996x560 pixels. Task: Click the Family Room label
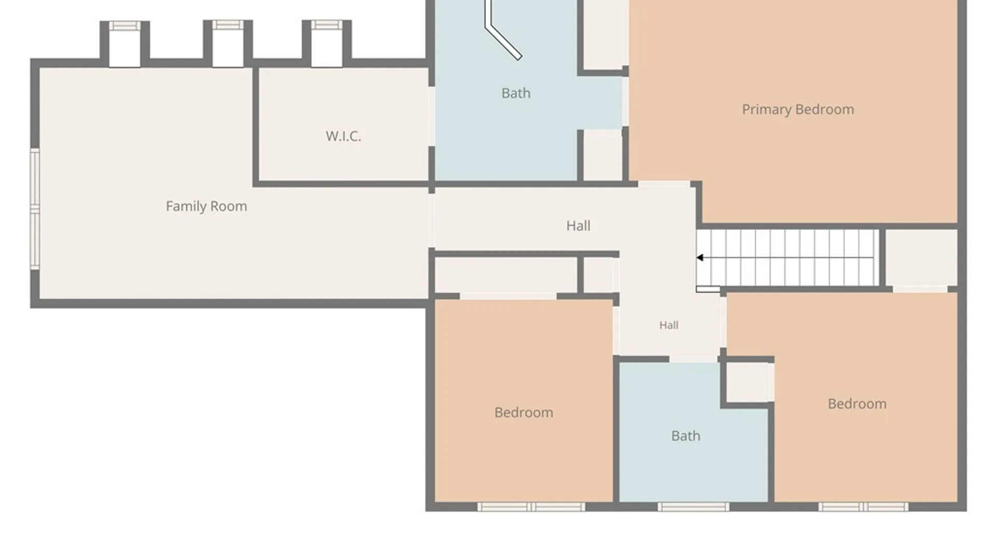click(x=206, y=206)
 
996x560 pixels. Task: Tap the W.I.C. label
click(x=343, y=136)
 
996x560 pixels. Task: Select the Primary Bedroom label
click(x=798, y=109)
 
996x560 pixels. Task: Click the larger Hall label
click(x=578, y=226)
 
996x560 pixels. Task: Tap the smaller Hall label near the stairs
click(x=669, y=325)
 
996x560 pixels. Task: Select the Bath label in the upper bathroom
click(x=516, y=93)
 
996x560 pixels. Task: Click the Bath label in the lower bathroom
click(x=686, y=436)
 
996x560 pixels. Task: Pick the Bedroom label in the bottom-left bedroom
click(x=523, y=413)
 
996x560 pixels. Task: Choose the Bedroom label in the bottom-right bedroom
click(x=857, y=404)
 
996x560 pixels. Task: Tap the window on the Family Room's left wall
click(x=35, y=208)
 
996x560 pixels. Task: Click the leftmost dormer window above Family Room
click(x=125, y=25)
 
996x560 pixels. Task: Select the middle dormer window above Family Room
click(x=228, y=25)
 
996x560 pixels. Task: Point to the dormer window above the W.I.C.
click(x=326, y=25)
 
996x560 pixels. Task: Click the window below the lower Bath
click(x=694, y=507)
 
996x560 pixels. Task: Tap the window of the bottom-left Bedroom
click(x=531, y=507)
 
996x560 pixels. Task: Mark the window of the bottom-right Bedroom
click(x=864, y=507)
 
